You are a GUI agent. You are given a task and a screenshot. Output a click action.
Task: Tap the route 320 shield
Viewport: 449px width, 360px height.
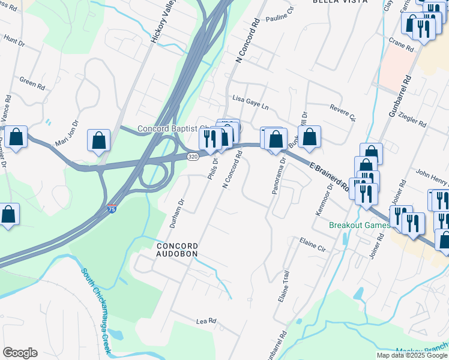pyautogui.click(x=192, y=157)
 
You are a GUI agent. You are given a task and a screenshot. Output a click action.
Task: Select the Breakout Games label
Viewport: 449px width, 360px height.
pyautogui.click(x=360, y=226)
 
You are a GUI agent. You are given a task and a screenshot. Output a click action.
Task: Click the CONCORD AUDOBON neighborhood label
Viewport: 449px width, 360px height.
pyautogui.click(x=177, y=250)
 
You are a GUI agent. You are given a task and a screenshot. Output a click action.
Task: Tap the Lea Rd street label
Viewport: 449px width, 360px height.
pyautogui.click(x=206, y=322)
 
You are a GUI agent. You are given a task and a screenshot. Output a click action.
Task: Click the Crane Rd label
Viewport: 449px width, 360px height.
pyautogui.click(x=401, y=44)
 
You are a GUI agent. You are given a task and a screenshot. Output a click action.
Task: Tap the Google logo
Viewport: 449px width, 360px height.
pyautogui.click(x=20, y=353)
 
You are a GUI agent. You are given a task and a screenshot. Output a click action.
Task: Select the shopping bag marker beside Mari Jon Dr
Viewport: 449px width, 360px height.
pyautogui.click(x=98, y=142)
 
